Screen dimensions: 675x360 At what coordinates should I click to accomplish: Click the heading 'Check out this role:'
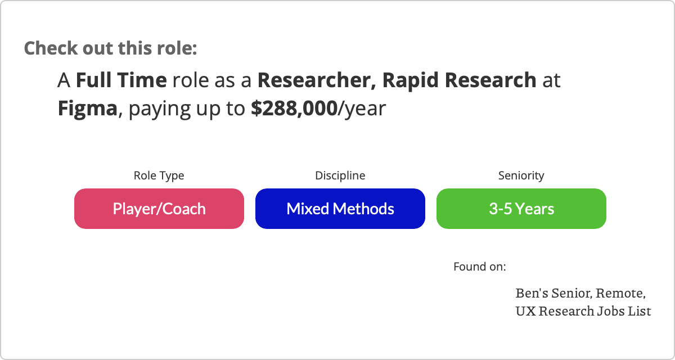(110, 48)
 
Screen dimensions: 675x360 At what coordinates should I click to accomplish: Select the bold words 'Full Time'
(121, 80)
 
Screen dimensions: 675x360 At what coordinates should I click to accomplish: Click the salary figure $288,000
(294, 109)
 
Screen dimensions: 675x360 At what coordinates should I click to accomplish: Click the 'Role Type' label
(159, 175)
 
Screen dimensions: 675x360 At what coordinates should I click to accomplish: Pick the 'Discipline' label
(340, 175)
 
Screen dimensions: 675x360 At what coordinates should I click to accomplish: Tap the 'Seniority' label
(521, 175)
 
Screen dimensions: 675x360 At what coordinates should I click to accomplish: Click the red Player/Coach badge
(159, 209)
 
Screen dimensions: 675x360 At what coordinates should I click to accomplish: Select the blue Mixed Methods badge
(340, 209)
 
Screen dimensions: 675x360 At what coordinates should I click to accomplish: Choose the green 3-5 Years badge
(521, 209)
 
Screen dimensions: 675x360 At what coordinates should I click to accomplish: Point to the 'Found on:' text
(480, 267)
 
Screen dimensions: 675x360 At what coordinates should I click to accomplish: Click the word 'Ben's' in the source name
(532, 293)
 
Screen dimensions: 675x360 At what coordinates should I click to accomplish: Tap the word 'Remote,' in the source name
(621, 294)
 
